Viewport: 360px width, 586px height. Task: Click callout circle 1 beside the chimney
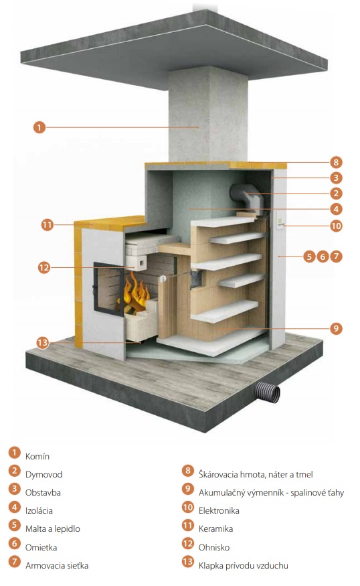39,127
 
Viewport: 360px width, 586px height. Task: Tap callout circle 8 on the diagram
336,162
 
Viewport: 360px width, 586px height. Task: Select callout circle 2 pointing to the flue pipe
336,194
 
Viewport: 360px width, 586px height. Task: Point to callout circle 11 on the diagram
47,225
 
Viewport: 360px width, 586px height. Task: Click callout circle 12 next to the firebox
44,268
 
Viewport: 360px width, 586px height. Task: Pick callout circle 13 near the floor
43,342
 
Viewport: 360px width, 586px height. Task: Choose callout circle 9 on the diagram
336,329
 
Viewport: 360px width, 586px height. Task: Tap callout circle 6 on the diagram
323,257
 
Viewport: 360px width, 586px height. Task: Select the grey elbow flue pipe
242,196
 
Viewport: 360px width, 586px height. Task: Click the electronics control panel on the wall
280,220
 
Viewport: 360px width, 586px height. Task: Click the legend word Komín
37,456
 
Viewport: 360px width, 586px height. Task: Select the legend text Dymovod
43,474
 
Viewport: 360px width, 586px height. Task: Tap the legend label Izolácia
39,510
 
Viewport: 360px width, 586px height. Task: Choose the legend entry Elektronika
219,510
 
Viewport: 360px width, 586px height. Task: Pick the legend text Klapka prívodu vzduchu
243,565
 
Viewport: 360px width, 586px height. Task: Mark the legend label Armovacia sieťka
57,565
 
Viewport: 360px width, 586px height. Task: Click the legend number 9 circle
188,489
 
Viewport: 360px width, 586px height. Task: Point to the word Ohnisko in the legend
214,548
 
